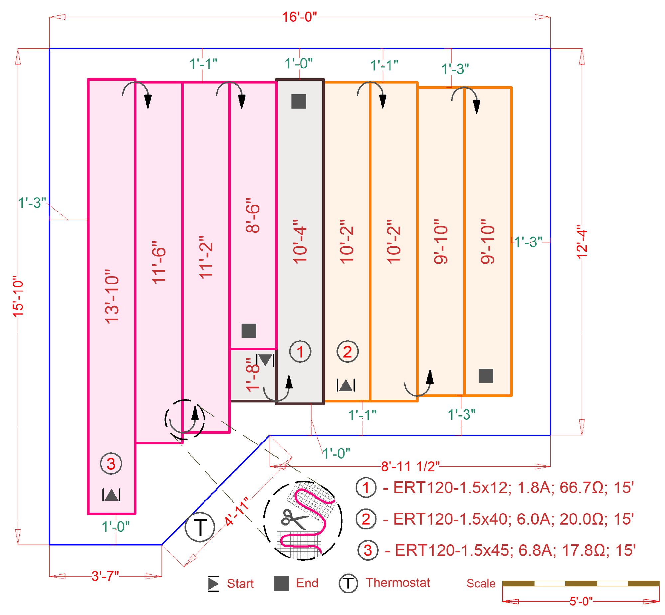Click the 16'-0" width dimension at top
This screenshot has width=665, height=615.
(299, 17)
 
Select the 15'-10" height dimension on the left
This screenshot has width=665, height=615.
(18, 296)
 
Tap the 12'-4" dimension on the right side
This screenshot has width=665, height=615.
(582, 244)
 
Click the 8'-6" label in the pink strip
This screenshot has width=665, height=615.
(253, 216)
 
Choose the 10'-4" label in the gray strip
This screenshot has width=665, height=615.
(300, 241)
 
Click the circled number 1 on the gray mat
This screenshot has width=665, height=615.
(300, 352)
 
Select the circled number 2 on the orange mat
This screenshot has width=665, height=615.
(348, 352)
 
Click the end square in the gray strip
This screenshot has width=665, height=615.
(298, 101)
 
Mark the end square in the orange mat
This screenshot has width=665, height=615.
(486, 376)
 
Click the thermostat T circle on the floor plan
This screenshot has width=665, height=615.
(200, 527)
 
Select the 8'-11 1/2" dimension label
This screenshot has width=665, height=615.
(410, 467)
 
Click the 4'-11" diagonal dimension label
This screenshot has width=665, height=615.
(237, 512)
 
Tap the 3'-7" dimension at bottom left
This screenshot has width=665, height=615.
(105, 576)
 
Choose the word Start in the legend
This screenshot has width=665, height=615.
(240, 584)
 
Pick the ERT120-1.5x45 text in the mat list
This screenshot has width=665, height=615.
(452, 550)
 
